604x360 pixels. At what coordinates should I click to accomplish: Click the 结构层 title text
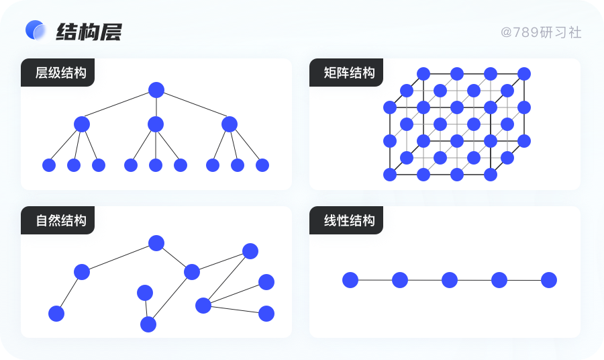(x=89, y=32)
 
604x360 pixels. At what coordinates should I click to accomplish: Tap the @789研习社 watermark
(x=540, y=32)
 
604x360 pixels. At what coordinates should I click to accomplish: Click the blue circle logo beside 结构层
(x=35, y=30)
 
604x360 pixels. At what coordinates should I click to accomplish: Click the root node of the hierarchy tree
(x=156, y=89)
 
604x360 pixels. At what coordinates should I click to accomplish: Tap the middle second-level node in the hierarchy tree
(x=156, y=124)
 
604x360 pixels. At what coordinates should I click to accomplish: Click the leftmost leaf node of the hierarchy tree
(x=49, y=165)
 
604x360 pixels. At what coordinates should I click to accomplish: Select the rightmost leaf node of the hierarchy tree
(x=262, y=165)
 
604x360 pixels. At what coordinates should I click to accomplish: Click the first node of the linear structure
(x=350, y=280)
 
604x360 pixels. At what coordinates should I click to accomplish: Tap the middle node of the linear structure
(x=450, y=280)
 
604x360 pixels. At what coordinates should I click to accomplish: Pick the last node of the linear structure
(x=549, y=280)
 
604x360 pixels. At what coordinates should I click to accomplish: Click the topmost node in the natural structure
(x=156, y=243)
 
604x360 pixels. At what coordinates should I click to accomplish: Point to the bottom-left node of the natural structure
(x=56, y=314)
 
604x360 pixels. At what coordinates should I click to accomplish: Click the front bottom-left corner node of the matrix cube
(x=390, y=175)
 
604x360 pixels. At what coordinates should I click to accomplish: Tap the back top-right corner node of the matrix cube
(x=524, y=74)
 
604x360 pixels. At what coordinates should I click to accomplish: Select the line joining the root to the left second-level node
(x=119, y=107)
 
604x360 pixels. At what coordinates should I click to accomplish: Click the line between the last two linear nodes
(x=524, y=280)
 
